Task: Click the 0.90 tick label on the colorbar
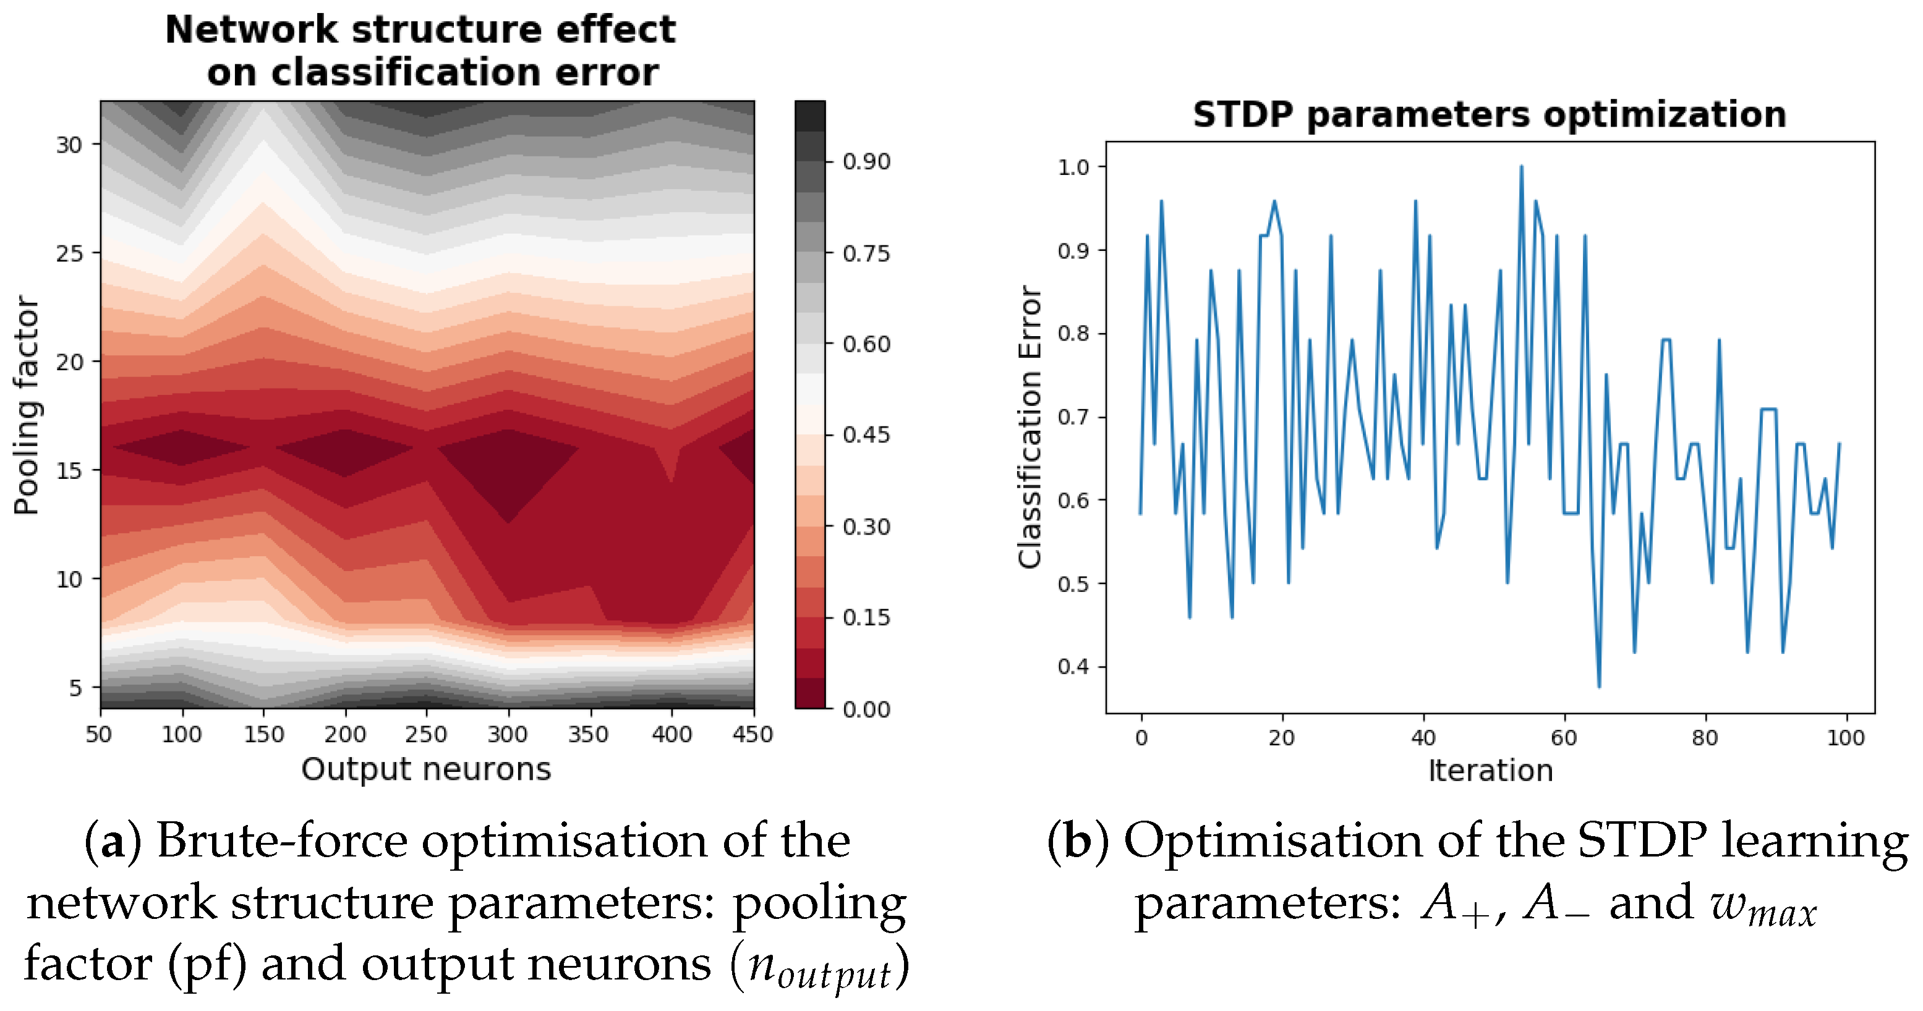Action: point(866,162)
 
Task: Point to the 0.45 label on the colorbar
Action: point(866,435)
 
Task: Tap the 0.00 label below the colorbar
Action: point(866,709)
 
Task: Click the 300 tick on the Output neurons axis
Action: point(508,735)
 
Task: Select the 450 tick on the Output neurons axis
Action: point(753,735)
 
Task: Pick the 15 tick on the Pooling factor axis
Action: point(69,471)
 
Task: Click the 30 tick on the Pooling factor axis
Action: point(69,145)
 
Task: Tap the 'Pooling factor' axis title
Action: point(27,405)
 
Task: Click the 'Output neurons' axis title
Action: point(425,769)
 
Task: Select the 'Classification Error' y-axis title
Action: point(1030,427)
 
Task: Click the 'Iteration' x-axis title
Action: point(1490,771)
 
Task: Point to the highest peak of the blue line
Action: point(1520,167)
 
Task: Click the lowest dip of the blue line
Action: point(1598,686)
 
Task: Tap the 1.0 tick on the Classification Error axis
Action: point(1073,167)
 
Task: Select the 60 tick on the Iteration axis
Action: point(1563,738)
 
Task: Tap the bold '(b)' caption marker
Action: point(1077,841)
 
